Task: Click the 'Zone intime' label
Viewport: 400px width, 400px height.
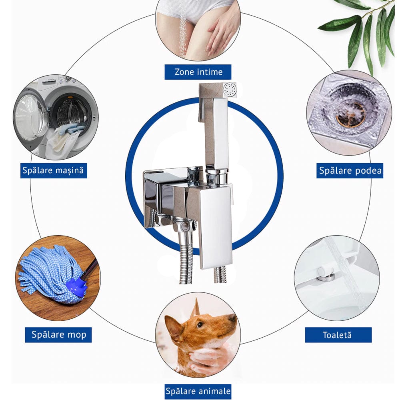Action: click(198, 72)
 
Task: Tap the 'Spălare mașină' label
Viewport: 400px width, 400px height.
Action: click(54, 170)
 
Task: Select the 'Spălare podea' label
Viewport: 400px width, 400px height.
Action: click(350, 170)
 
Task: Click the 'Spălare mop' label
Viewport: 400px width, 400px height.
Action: click(58, 335)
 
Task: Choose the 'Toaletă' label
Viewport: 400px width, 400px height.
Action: click(338, 335)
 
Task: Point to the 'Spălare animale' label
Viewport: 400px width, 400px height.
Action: click(198, 391)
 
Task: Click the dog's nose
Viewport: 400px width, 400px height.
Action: click(232, 317)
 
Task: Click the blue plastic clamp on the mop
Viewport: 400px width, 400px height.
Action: click(76, 287)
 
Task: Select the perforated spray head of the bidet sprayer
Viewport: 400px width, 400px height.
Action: click(230, 90)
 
